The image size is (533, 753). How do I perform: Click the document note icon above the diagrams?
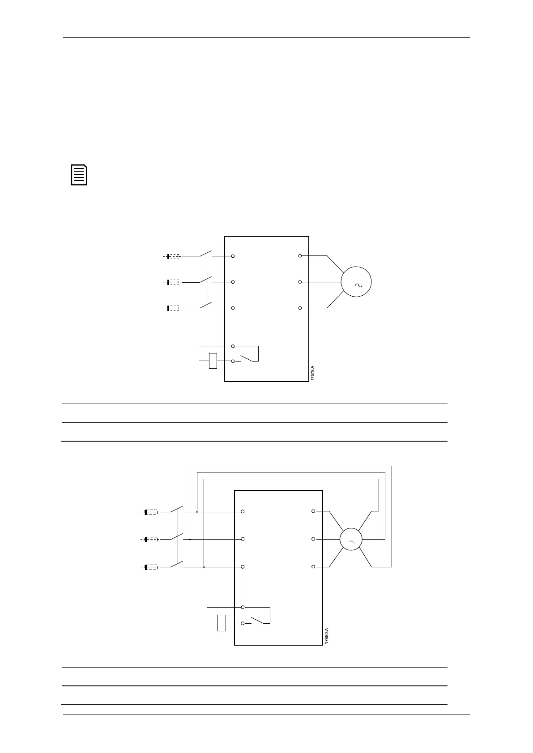coord(79,175)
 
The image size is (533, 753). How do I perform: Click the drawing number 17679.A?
coord(313,373)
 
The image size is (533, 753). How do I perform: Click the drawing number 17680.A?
coord(327,635)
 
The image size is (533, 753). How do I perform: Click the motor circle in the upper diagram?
coord(356,281)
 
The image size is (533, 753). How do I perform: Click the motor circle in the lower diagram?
coord(351,539)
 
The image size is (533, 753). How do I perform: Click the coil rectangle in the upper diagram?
coord(213,361)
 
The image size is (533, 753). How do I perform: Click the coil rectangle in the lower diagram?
coord(222,623)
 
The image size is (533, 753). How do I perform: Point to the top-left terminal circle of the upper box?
coord(233,256)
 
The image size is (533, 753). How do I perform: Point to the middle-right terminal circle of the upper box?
coord(300,282)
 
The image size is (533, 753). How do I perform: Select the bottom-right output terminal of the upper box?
coord(300,308)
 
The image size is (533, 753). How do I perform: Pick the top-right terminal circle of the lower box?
coord(313,511)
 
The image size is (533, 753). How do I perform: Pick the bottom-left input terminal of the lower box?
coord(243,567)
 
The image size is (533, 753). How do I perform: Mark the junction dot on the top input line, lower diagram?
coord(197,512)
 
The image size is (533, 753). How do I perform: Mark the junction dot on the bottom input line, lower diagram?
coord(204,567)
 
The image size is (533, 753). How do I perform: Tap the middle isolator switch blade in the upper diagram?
coord(205,280)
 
